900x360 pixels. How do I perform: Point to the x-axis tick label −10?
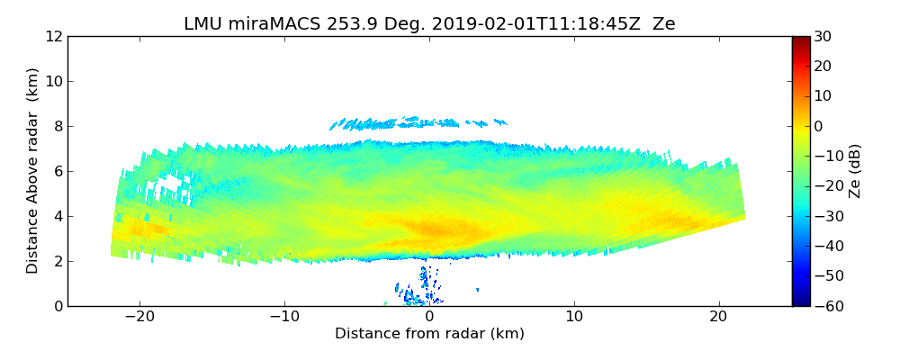(x=284, y=318)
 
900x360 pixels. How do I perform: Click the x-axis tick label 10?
(x=574, y=318)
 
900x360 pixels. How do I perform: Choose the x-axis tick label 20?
(x=718, y=318)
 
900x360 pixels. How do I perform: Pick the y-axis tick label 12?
(x=53, y=37)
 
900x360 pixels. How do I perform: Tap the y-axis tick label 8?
(x=57, y=127)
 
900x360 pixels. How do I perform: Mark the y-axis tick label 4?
(x=57, y=217)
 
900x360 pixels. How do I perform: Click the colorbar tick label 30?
(x=823, y=37)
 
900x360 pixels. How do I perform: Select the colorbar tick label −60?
(x=826, y=306)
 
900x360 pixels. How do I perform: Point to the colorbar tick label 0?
(x=819, y=127)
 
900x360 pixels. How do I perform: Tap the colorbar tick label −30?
(x=826, y=217)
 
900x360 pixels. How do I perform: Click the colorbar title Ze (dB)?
(x=855, y=171)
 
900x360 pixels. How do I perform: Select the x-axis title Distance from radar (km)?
(x=429, y=334)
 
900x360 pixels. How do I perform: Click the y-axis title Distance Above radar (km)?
(x=32, y=171)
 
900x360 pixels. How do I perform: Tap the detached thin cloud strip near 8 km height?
(x=414, y=122)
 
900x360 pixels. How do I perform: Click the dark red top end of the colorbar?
(x=800, y=40)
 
